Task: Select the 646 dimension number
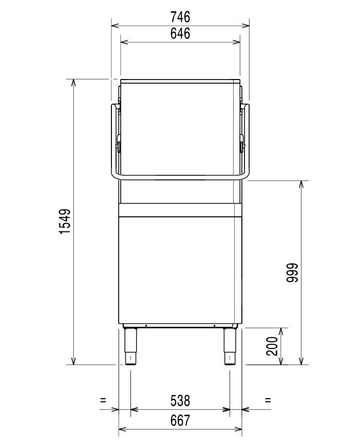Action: (x=180, y=34)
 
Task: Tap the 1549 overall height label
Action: (x=65, y=222)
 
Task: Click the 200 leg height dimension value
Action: (x=273, y=346)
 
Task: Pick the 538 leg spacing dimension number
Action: (x=180, y=399)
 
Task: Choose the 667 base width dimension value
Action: (x=180, y=420)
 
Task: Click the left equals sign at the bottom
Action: (x=103, y=400)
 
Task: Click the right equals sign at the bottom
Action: (x=268, y=400)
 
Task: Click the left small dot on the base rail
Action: (x=146, y=326)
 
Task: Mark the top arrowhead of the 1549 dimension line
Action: (x=74, y=82)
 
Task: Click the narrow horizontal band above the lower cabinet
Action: (x=180, y=210)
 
